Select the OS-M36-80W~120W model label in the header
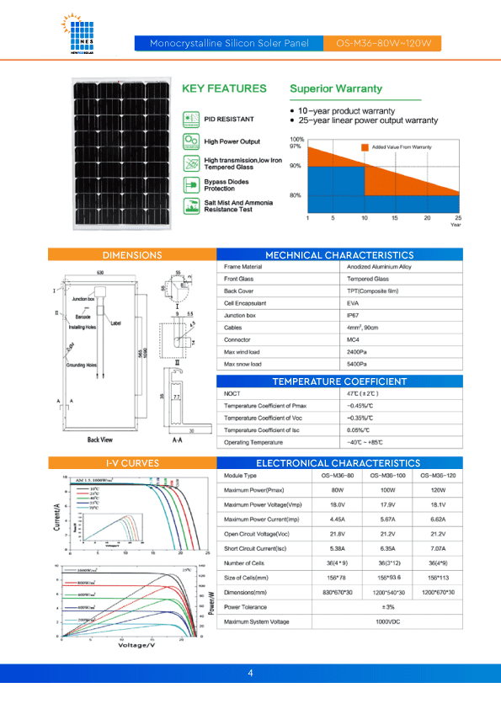(382, 42)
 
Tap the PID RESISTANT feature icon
(191, 119)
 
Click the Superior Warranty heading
(335, 88)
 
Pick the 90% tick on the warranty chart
(295, 166)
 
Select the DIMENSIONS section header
(132, 254)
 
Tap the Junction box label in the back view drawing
(83, 299)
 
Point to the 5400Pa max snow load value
(357, 364)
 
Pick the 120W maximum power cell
(437, 489)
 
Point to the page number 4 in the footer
(250, 674)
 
